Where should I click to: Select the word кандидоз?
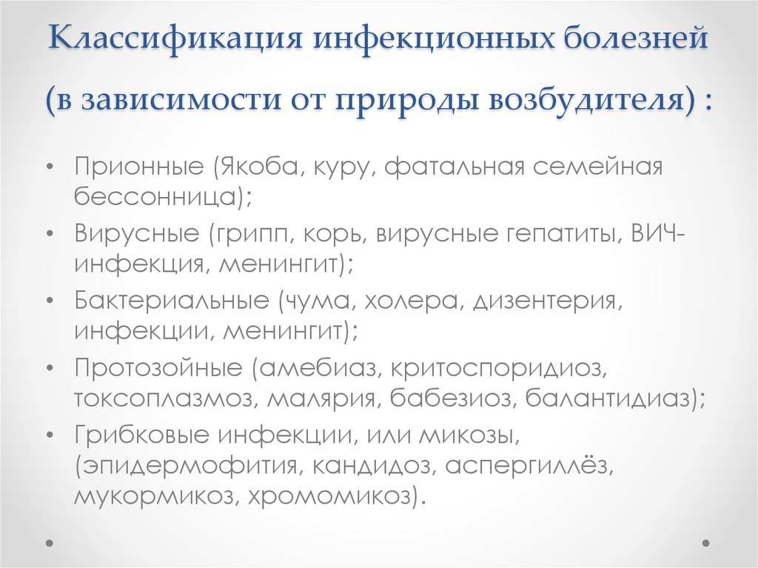click(x=377, y=465)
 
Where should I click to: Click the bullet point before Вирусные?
click(x=49, y=234)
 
